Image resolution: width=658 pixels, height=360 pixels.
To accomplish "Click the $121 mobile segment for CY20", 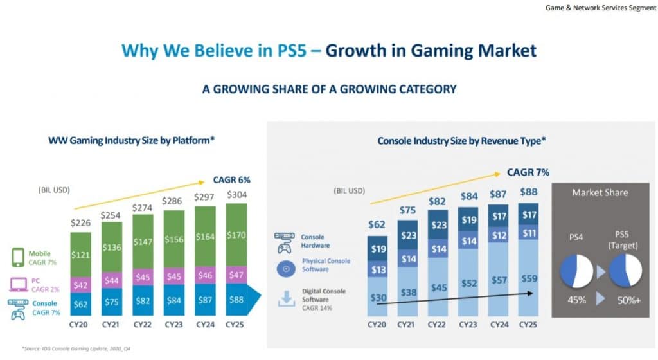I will (x=81, y=255).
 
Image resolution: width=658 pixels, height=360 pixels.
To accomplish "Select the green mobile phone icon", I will (x=19, y=258).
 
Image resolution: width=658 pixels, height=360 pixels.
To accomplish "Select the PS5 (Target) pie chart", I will (x=627, y=271).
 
